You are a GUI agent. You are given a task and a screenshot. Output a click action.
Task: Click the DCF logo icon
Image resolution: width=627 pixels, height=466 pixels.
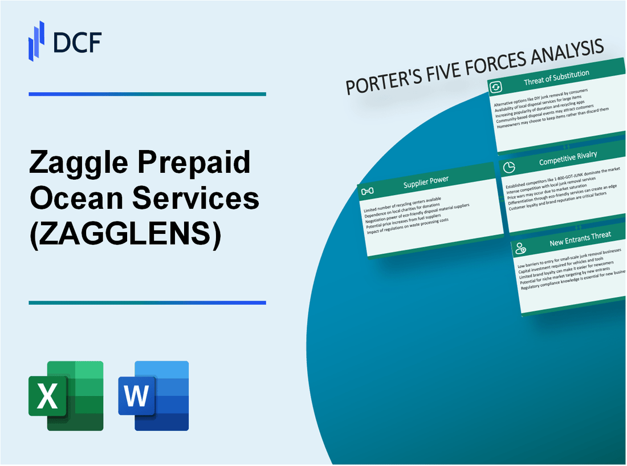pos(36,40)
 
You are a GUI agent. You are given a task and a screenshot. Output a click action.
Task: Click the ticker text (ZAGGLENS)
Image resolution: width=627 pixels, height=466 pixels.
pos(125,234)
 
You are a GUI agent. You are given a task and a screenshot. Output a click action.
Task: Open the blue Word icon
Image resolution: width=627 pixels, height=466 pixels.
pos(154,395)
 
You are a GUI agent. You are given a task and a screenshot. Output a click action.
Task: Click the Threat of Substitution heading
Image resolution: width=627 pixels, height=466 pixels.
pos(556,78)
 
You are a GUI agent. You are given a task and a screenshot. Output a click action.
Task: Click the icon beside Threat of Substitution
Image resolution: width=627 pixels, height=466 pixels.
pos(496,87)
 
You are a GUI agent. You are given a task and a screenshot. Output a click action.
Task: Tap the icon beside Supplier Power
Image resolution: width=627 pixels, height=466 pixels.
pos(368,191)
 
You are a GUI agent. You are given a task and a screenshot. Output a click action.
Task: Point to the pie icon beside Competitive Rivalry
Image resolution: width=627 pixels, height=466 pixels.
pos(510,167)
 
